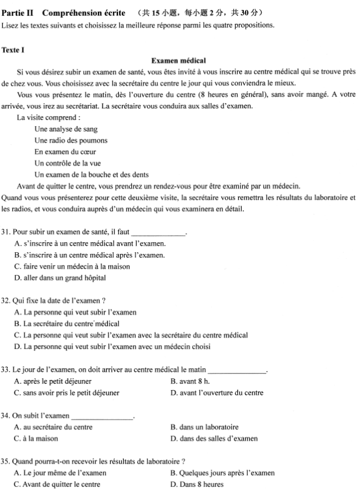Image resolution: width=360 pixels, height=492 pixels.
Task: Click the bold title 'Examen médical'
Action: tap(178, 61)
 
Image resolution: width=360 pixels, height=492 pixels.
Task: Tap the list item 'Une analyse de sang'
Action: tap(66, 129)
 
